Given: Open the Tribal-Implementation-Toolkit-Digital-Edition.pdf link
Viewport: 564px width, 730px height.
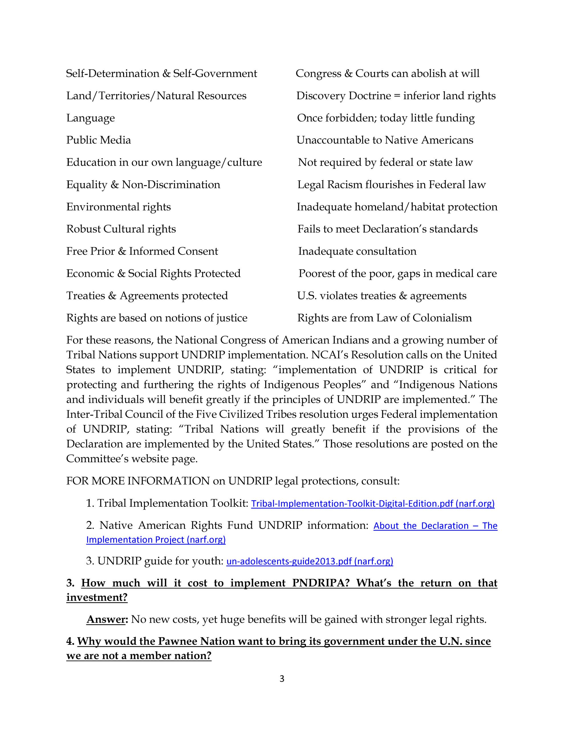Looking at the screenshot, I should point(372,504).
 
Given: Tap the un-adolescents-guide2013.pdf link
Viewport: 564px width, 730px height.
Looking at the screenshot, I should point(310,561).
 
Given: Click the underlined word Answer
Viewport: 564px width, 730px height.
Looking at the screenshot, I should point(106,619).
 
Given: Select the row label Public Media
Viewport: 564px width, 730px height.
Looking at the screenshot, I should point(98,140).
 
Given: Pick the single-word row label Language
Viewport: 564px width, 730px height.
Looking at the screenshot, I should point(90,118).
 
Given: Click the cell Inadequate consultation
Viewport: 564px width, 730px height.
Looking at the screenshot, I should point(357,251).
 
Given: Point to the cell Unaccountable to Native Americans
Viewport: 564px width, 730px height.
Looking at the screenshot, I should point(385,140).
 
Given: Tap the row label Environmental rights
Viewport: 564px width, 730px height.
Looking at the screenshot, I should point(118,207).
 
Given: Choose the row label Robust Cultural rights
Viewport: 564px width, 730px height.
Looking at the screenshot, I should point(121,229).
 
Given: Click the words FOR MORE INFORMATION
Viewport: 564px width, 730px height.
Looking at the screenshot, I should point(138,481).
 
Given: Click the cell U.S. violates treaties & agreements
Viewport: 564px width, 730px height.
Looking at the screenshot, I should point(382,296).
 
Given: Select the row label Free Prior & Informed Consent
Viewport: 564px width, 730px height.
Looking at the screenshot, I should point(142,251).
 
